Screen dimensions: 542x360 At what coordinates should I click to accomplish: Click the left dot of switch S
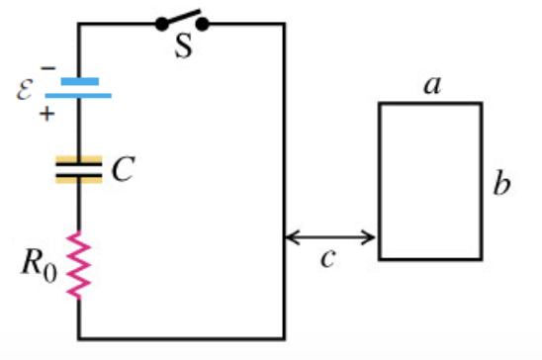click(x=162, y=24)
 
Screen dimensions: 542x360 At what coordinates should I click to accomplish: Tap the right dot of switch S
click(x=202, y=24)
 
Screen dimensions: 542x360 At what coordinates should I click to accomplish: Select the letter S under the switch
click(x=183, y=45)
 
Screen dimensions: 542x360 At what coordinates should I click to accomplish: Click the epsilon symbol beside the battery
click(x=25, y=89)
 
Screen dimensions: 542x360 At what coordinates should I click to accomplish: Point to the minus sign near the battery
click(x=48, y=68)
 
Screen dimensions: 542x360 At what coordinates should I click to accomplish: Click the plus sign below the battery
click(x=47, y=114)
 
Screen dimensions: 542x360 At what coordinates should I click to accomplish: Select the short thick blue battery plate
click(x=80, y=81)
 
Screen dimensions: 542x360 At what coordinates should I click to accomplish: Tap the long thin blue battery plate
click(x=78, y=96)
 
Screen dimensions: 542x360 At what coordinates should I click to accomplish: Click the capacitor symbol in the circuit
click(x=79, y=169)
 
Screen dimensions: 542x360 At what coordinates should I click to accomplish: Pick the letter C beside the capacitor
click(x=123, y=169)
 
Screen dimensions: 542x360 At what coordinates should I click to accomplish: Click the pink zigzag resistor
click(x=78, y=265)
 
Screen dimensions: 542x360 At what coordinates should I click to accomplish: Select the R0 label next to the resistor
click(x=40, y=265)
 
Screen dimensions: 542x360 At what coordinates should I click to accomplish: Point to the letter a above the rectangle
click(x=433, y=85)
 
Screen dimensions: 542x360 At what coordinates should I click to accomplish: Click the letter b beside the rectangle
click(x=501, y=183)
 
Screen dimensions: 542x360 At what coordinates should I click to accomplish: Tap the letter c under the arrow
click(x=327, y=258)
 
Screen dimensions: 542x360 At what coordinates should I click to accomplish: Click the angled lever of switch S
click(x=182, y=17)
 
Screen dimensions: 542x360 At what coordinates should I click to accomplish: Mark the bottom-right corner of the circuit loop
click(x=285, y=338)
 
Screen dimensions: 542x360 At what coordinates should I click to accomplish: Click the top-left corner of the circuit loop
click(x=79, y=24)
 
